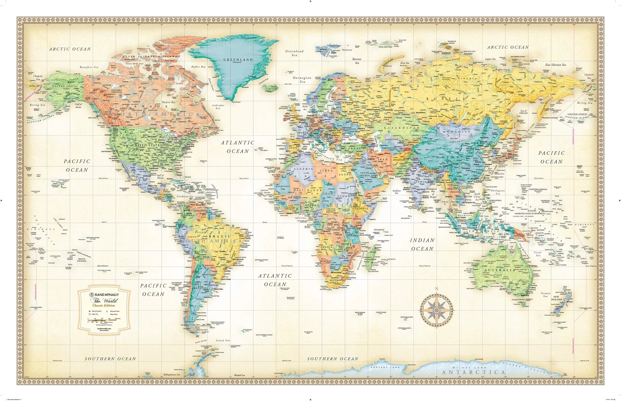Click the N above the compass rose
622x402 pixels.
[x=437, y=288]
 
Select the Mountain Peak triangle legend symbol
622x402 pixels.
[x=107, y=311]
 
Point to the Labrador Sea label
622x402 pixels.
[x=218, y=107]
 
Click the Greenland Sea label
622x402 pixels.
[x=294, y=53]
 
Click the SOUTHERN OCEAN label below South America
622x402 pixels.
[x=111, y=359]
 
